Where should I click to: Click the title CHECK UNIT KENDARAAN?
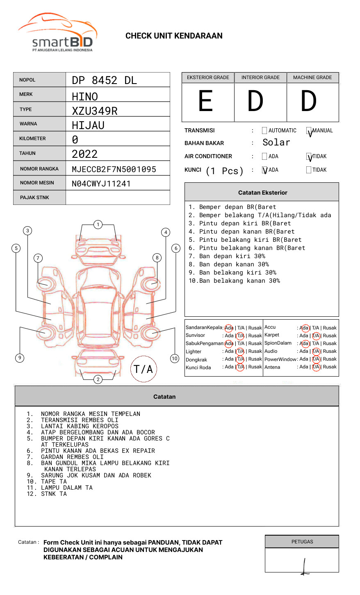pyautogui.click(x=174, y=36)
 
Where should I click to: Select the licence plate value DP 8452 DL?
pyautogui.click(x=104, y=80)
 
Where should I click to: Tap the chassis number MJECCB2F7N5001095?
pyautogui.click(x=114, y=169)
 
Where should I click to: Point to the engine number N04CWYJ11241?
pyautogui.click(x=101, y=184)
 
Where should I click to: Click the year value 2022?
pyautogui.click(x=84, y=154)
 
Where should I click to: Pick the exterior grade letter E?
pyautogui.click(x=206, y=101)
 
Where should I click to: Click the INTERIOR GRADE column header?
pyautogui.click(x=260, y=77)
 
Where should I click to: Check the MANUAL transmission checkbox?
pyautogui.click(x=309, y=131)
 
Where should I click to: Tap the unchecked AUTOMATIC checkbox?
pyautogui.click(x=264, y=131)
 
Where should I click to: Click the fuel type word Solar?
pyautogui.click(x=276, y=143)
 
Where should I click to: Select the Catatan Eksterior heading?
pyautogui.click(x=262, y=193)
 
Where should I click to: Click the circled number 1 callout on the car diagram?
pyautogui.click(x=98, y=225)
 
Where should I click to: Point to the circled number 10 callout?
pyautogui.click(x=175, y=359)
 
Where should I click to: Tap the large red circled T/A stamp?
pyautogui.click(x=144, y=369)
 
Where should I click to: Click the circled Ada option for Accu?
pyautogui.click(x=305, y=328)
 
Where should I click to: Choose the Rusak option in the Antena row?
pyautogui.click(x=330, y=367)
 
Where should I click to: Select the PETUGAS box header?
pyautogui.click(x=302, y=542)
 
